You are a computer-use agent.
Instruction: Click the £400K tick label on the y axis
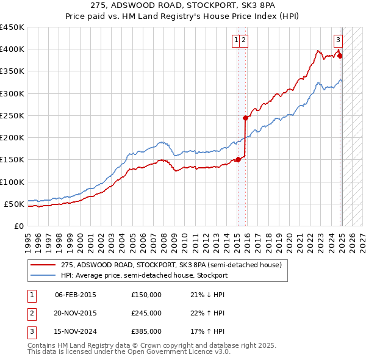12,49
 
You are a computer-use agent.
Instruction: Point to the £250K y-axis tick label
12,116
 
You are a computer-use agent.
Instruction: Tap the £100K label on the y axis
12,182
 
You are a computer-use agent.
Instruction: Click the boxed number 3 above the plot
338,40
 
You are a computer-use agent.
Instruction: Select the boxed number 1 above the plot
235,40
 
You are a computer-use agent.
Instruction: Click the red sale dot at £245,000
245,118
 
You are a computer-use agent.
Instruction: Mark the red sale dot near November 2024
340,56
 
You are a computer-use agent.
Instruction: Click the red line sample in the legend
43,265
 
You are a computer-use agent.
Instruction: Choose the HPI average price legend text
144,275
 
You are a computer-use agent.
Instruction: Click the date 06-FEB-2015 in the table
75,295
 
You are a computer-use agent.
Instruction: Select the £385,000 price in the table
146,333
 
